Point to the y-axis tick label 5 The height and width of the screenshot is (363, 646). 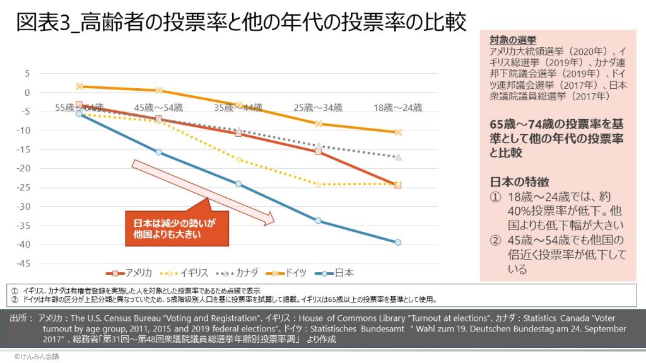pyautogui.click(x=27, y=73)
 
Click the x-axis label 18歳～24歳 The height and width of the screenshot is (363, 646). pyautogui.click(x=397, y=108)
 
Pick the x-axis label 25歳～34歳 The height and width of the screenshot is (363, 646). pyautogui.click(x=318, y=108)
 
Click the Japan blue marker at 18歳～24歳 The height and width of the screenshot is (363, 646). pyautogui.click(x=397, y=242)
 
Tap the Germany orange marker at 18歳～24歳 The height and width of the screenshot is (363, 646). pyautogui.click(x=397, y=132)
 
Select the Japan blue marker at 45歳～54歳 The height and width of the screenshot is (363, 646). pyautogui.click(x=159, y=152)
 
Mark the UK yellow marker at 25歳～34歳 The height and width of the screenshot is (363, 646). pyautogui.click(x=318, y=184)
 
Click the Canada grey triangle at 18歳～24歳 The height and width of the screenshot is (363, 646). pyautogui.click(x=397, y=157)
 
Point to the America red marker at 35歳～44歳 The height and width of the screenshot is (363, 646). pyautogui.click(x=238, y=133)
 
